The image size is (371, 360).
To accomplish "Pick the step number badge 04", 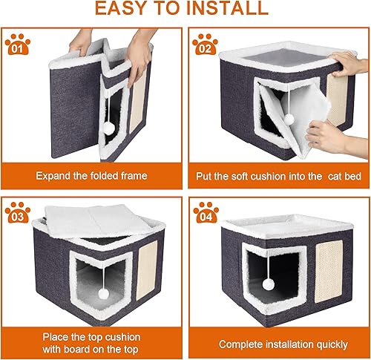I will (x=205, y=215).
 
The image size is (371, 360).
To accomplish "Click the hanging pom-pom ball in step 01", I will (x=109, y=128).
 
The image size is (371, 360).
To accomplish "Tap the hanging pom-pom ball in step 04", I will (x=268, y=284).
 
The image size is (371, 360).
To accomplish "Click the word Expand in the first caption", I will (x=55, y=176).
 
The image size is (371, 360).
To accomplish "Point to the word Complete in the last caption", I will (x=239, y=344).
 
